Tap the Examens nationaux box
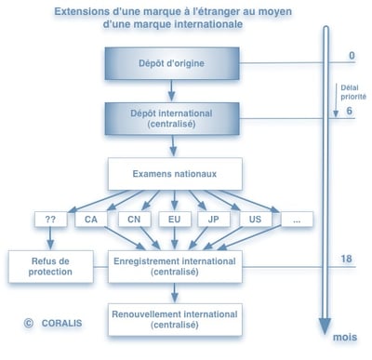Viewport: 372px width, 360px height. click(175, 173)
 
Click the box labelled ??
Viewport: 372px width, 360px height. click(50, 220)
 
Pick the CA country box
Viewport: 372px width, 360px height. click(91, 220)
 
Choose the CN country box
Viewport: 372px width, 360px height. click(135, 220)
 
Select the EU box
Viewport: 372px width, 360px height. click(175, 220)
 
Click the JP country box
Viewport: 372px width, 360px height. click(214, 220)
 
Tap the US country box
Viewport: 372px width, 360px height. click(255, 220)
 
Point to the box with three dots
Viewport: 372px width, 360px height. click(296, 220)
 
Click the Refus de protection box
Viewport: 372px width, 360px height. click(50, 266)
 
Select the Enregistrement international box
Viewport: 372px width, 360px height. click(175, 266)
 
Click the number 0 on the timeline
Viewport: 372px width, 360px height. click(352, 55)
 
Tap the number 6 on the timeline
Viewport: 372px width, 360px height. click(352, 111)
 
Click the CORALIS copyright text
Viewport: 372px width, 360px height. click(55, 325)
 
